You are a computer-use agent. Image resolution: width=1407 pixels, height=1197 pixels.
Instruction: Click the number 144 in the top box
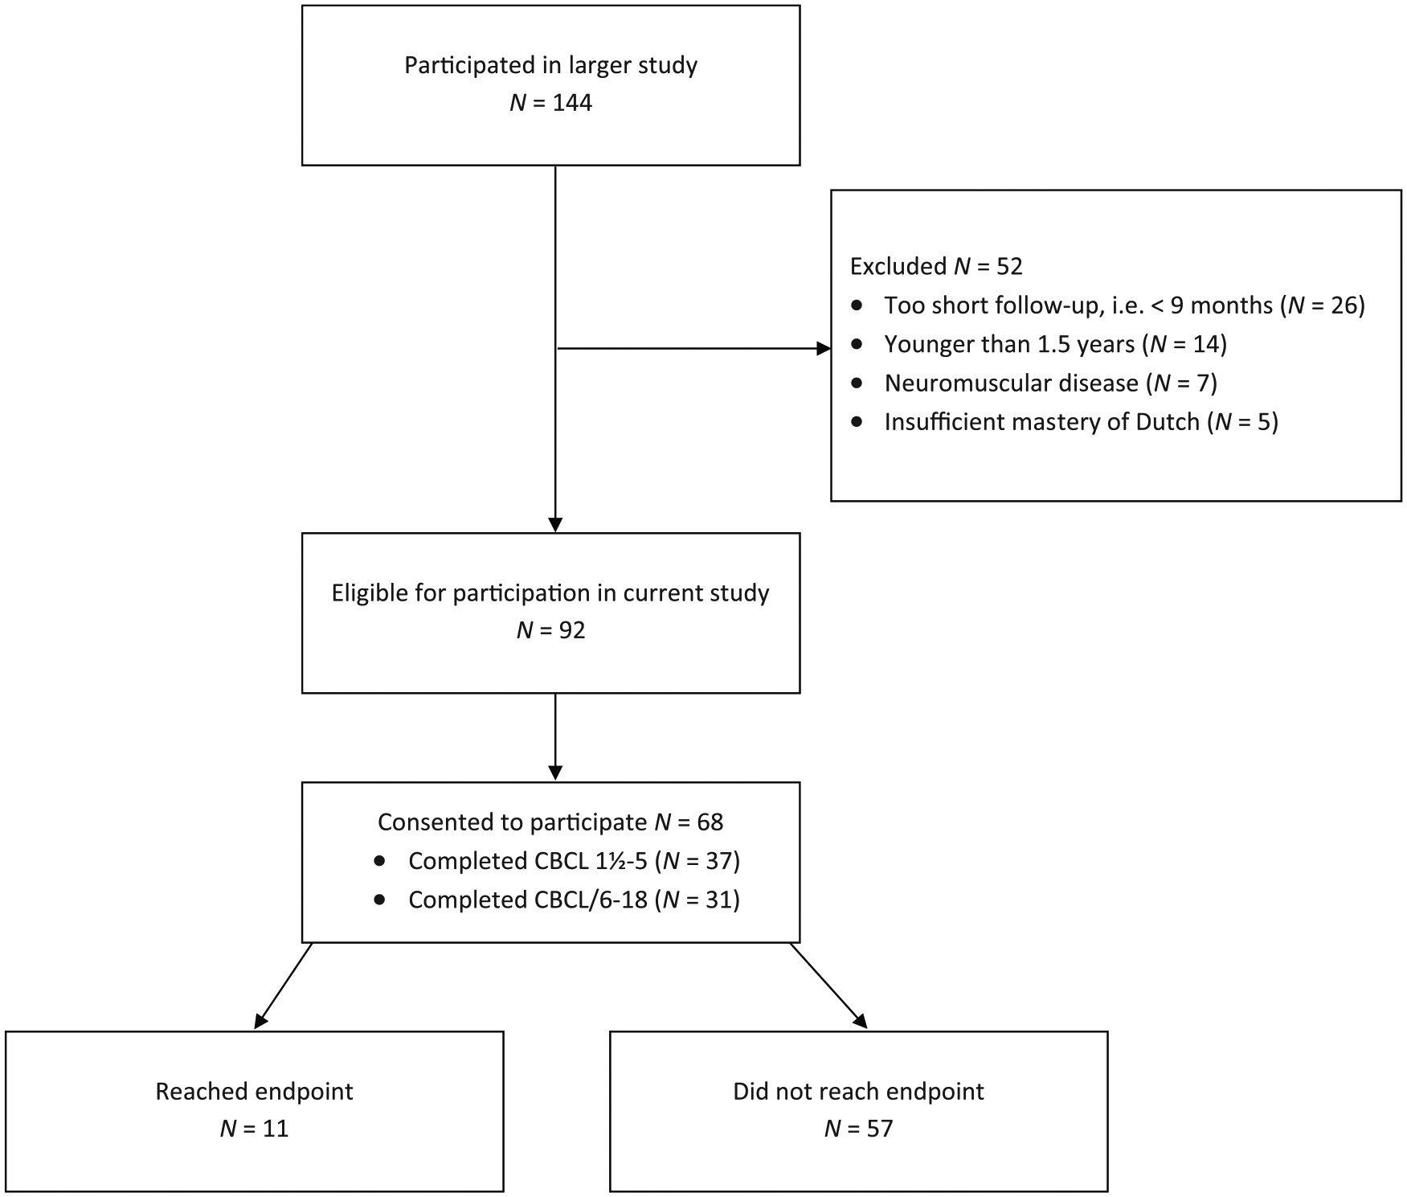572,103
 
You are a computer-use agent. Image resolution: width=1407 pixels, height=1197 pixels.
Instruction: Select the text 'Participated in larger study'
550,65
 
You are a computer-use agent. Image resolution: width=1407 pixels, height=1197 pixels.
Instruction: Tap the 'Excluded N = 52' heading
936,266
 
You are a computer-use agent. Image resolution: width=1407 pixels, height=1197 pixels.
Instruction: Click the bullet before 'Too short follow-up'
857,305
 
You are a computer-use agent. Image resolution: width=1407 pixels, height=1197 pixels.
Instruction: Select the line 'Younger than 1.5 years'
1009,344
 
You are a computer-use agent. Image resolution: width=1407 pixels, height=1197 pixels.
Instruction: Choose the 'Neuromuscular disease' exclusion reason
1012,383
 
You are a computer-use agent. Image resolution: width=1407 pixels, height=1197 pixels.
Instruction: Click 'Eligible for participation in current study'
550,593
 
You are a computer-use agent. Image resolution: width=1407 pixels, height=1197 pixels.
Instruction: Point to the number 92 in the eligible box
572,630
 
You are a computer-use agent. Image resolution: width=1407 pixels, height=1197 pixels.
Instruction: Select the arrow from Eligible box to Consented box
555,736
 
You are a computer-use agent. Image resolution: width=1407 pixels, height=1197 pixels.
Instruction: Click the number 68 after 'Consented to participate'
710,822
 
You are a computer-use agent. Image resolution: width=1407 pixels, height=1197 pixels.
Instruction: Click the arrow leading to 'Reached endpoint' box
283,986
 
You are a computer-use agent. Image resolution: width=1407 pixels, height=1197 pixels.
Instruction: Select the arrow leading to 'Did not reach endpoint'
828,986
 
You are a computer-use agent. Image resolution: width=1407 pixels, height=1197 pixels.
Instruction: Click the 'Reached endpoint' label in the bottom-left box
254,1092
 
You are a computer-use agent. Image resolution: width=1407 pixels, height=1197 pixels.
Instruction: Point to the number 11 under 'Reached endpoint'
276,1129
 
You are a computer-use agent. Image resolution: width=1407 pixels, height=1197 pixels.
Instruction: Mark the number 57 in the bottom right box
880,1129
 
